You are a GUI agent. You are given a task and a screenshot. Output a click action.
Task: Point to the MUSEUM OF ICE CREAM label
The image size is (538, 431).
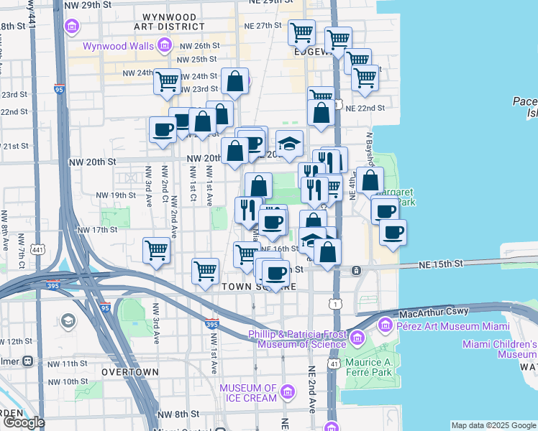(x=248, y=393)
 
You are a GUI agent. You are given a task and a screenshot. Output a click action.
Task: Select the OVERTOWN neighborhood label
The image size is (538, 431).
(x=129, y=372)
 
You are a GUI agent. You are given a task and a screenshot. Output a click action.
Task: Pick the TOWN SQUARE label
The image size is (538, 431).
(x=249, y=287)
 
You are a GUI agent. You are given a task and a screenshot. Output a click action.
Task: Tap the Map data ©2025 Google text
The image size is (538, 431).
(x=493, y=425)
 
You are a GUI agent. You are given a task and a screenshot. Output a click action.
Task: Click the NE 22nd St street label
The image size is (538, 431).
(x=365, y=108)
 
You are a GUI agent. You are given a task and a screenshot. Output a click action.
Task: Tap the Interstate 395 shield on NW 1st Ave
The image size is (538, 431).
(x=211, y=325)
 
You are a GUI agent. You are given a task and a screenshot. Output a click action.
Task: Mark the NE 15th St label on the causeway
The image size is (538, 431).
(x=442, y=265)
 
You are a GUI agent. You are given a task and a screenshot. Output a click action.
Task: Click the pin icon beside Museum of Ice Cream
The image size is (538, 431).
(x=288, y=392)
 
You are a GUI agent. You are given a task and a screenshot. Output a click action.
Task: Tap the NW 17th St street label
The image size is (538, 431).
(x=96, y=230)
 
